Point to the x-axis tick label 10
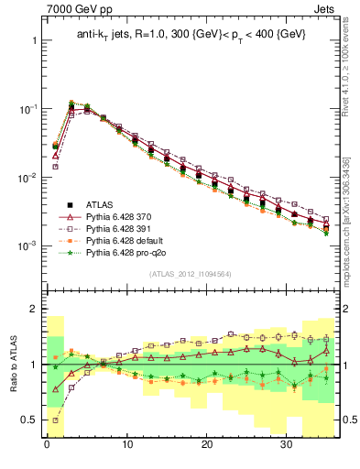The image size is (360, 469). (127, 452)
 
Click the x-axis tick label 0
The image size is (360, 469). (47, 452)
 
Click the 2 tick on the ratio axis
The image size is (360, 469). (33, 310)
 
